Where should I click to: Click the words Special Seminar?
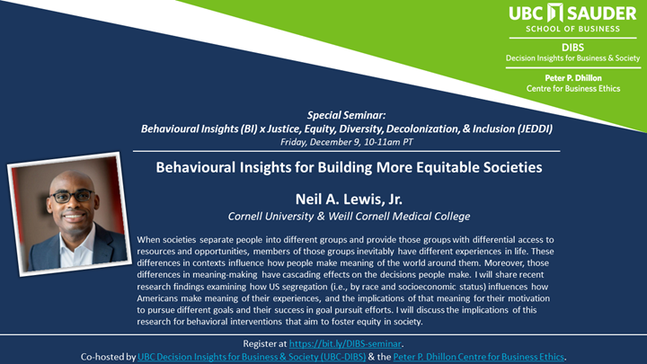[346, 116]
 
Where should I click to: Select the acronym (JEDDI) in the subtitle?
[526, 129]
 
